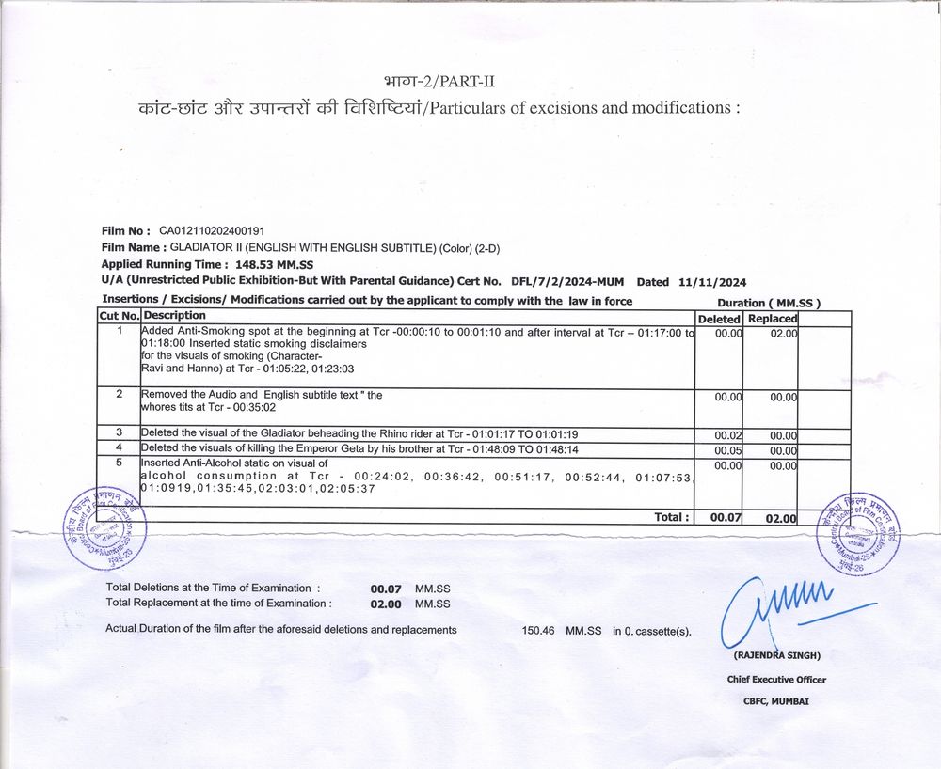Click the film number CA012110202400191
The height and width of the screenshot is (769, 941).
[x=212, y=230]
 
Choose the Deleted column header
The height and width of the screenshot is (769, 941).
[x=719, y=319]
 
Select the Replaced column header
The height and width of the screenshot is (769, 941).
[x=772, y=319]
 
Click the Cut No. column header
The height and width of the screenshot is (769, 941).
[x=120, y=316]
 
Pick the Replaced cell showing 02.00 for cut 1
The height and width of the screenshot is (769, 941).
[x=783, y=334]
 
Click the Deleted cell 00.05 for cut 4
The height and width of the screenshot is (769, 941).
[x=728, y=450]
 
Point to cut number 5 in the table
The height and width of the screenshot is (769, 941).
[x=120, y=463]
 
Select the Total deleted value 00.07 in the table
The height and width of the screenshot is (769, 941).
[x=726, y=517]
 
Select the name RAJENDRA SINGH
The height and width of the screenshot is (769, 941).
[x=777, y=654]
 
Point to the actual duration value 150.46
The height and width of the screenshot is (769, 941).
[x=538, y=630]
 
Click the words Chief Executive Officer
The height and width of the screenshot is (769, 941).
[x=776, y=679]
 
